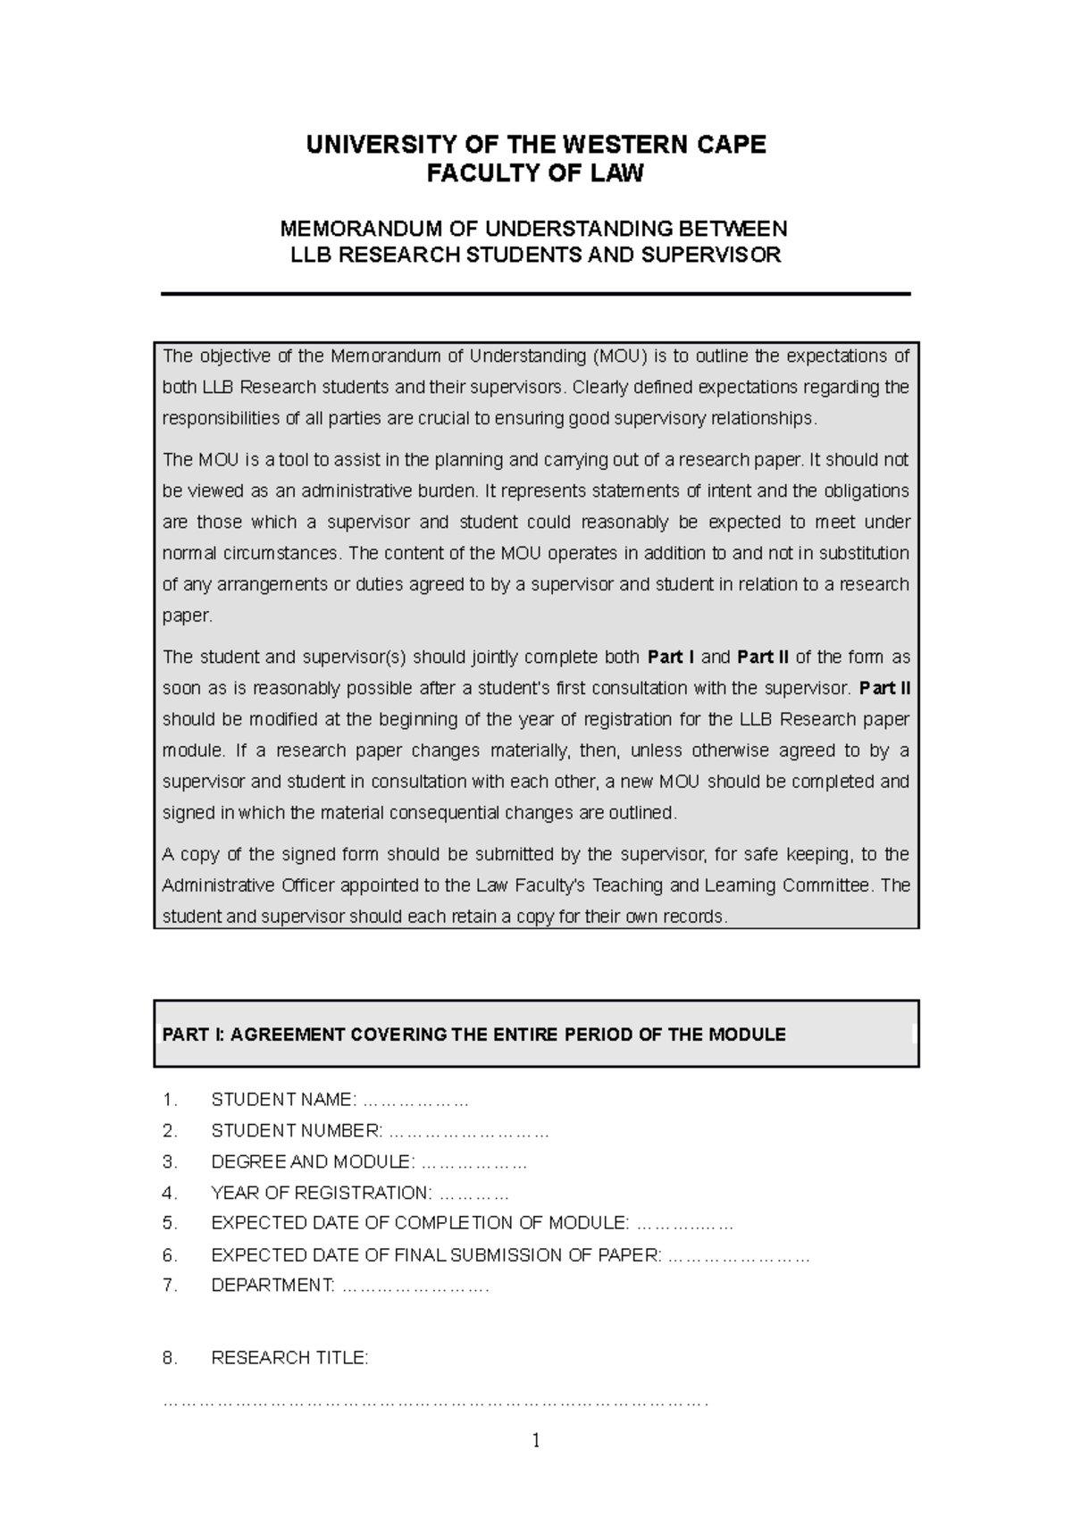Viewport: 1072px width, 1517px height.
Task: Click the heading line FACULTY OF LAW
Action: pos(534,174)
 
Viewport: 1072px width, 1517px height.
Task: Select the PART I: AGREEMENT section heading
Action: pos(473,1035)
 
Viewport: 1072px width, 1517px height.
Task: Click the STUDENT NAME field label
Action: pos(283,1100)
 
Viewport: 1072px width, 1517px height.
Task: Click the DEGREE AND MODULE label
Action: pos(313,1162)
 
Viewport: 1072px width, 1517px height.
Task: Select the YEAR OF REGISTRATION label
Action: pos(321,1193)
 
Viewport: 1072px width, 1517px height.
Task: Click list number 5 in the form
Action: pos(170,1223)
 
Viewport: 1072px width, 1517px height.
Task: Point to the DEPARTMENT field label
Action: pos(272,1286)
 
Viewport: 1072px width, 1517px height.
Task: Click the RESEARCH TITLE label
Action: pos(289,1358)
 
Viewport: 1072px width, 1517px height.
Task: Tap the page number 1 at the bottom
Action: pos(536,1440)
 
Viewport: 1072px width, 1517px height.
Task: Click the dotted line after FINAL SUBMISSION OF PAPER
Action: pos(739,1256)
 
